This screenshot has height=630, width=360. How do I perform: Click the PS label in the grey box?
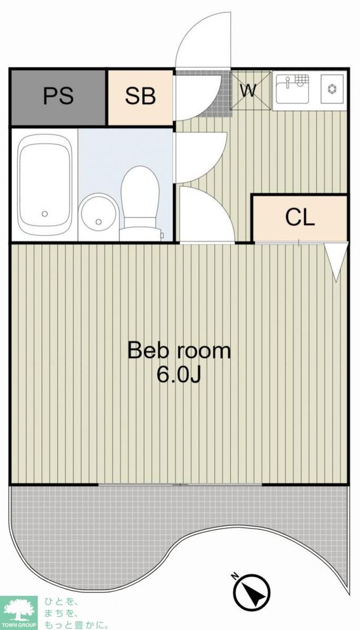click(58, 97)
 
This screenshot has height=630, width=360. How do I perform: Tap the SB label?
click(140, 97)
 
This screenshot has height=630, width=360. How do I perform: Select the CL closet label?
click(300, 217)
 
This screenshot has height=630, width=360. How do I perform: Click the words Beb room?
click(178, 351)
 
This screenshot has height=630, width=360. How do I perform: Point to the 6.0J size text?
click(178, 375)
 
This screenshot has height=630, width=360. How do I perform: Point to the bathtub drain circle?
click(44, 213)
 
